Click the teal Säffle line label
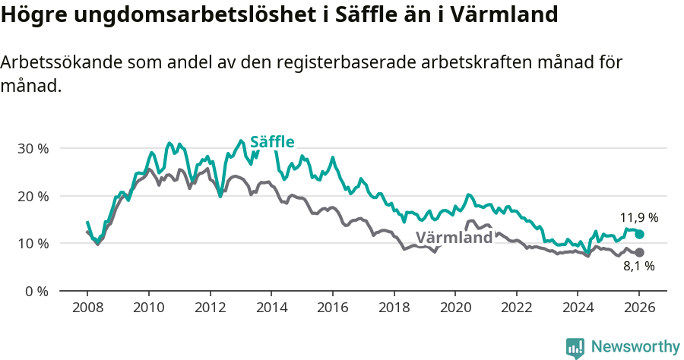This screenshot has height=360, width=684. pos(272,142)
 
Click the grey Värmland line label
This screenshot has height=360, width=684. pos(454,238)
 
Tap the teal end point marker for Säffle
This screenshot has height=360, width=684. pos(639,235)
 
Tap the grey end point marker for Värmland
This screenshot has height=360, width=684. pos(639,252)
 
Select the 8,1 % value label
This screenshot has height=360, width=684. pos(639,267)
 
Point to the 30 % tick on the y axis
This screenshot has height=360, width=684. pos(33,148)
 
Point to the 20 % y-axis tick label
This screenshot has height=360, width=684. pos(33,196)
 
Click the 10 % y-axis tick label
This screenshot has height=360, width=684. pos(33,244)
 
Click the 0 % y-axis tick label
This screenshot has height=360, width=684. pos(36,291)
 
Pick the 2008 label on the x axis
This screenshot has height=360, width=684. pos(87,308)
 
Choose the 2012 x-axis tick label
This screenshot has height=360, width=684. pos(210,308)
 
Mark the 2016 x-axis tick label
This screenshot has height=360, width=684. pos(332,308)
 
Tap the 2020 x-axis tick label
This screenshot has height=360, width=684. pos(455,308)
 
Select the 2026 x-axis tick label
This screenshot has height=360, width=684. pos(639,308)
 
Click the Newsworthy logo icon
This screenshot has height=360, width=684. pos(575,347)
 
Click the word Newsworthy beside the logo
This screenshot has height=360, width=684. pos(635,347)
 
